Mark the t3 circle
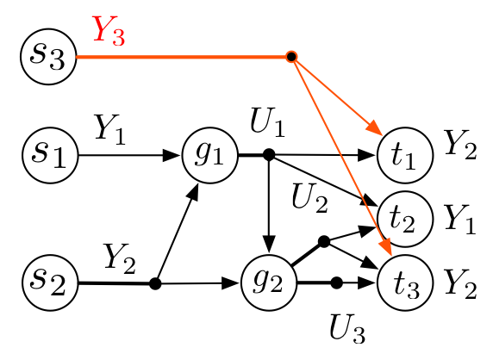(x=403, y=282)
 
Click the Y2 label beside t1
(x=461, y=148)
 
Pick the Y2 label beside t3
(x=459, y=282)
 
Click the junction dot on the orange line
(x=291, y=57)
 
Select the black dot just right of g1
(x=269, y=155)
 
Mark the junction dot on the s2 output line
(x=156, y=282)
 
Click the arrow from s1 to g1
(x=129, y=156)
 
